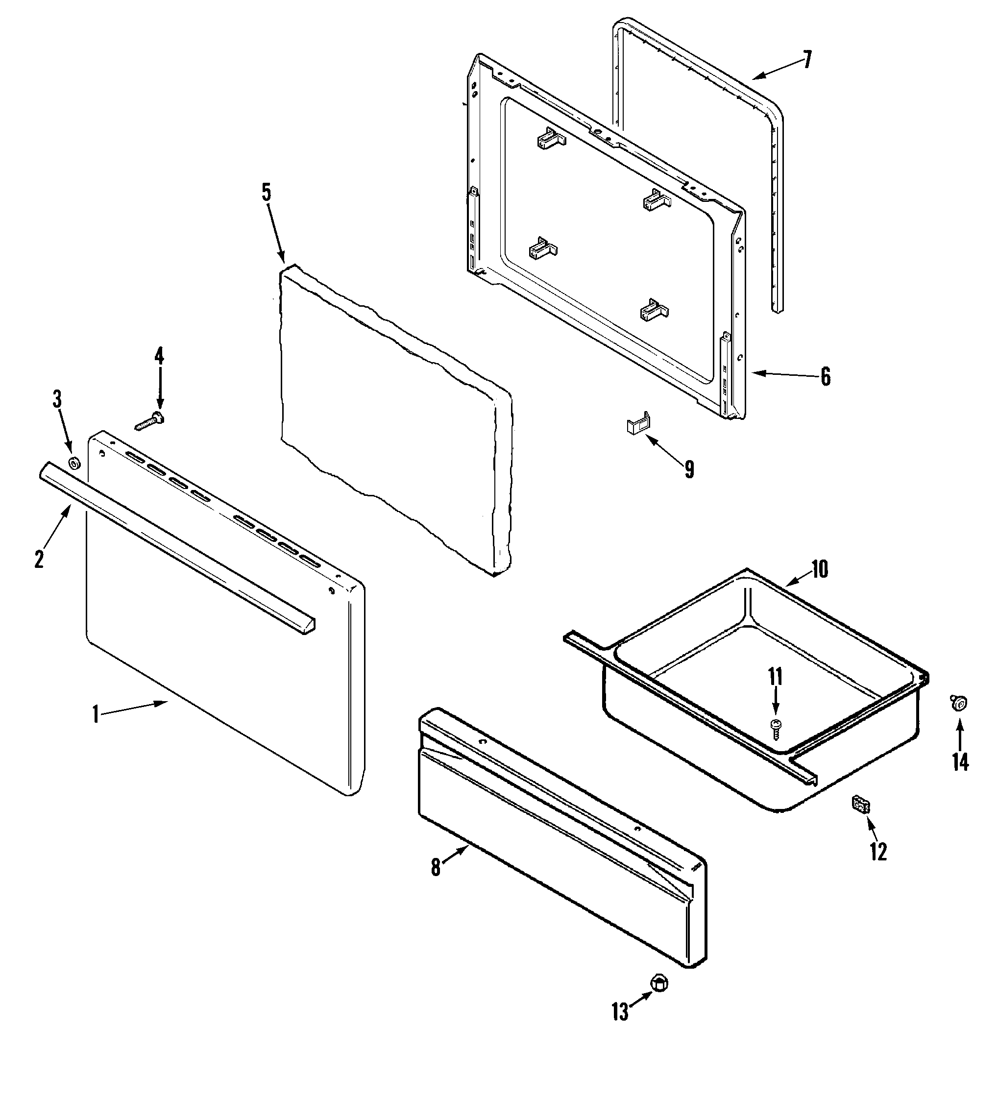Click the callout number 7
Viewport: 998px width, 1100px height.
click(x=806, y=59)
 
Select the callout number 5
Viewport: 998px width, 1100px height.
click(x=266, y=192)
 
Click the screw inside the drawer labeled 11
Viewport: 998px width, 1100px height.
click(x=776, y=729)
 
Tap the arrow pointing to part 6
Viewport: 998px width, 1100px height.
click(x=780, y=374)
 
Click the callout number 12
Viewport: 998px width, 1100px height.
click(x=878, y=851)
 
